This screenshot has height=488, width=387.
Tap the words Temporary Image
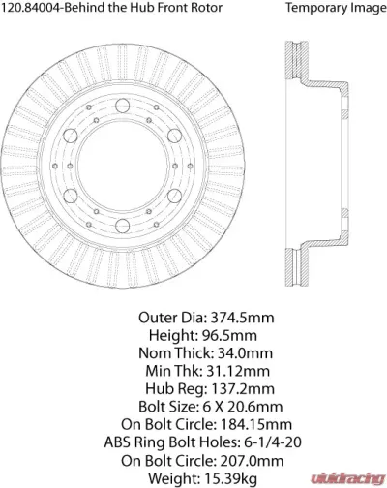pos(333,9)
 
